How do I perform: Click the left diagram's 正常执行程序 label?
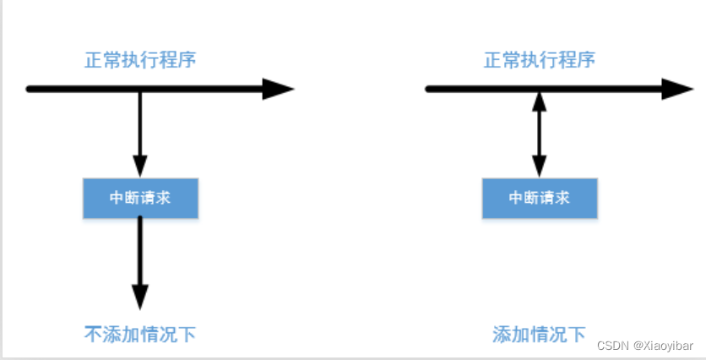pos(141,61)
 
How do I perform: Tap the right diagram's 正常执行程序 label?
pos(540,61)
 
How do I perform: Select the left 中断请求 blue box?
pos(140,199)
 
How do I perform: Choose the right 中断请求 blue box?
pos(540,199)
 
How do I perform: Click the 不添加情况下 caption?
pos(141,333)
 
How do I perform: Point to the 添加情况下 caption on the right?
pos(540,333)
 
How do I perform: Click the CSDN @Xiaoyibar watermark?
pos(644,346)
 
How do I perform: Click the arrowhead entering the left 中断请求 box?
pos(140,167)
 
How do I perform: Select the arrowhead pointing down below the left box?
pos(140,296)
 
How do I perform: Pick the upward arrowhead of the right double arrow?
pos(540,101)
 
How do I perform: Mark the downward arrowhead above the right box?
pos(540,167)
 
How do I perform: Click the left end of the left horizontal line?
pos(30,89)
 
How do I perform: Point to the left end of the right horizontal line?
pos(429,89)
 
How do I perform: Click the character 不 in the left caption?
pos(94,333)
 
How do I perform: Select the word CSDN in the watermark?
pos(611,346)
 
